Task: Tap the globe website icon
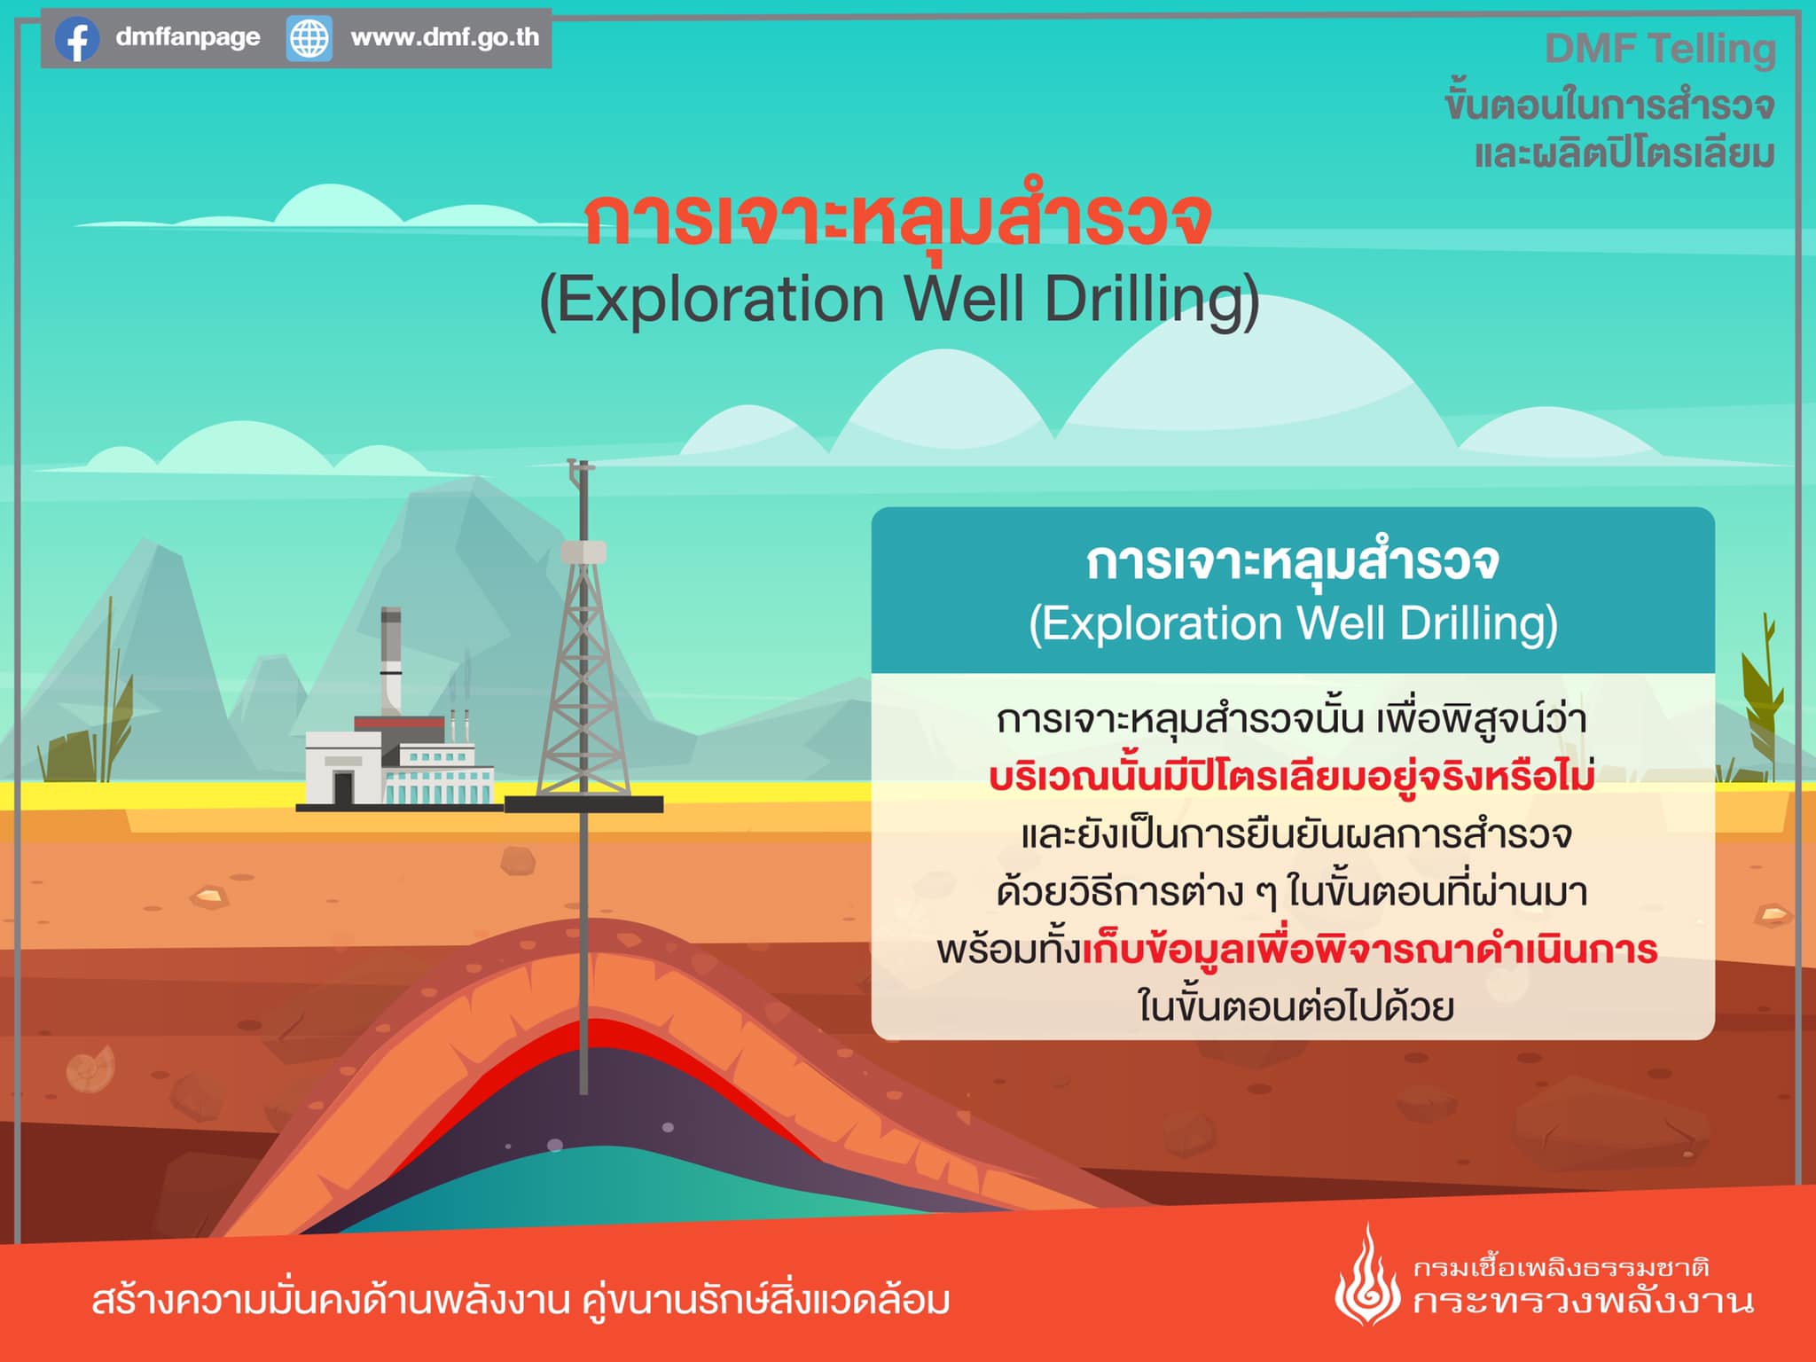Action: click(309, 39)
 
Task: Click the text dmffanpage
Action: click(188, 37)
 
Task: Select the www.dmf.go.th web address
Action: click(445, 37)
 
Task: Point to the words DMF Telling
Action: click(1660, 49)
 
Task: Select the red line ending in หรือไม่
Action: click(1292, 776)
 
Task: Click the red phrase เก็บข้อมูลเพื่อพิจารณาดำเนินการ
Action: click(1370, 949)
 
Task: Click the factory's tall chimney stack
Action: click(391, 661)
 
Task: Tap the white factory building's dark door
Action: click(343, 787)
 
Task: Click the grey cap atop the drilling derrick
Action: click(583, 552)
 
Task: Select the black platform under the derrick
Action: click(583, 804)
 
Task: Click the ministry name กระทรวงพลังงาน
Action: click(1584, 1302)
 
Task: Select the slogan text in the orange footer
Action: click(521, 1301)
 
